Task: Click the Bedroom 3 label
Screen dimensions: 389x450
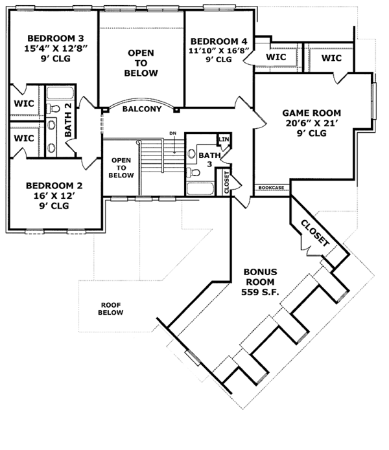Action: click(x=56, y=38)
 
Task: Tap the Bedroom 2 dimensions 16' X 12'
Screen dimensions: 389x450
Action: click(x=54, y=196)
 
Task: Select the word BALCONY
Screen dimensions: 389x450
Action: click(x=142, y=109)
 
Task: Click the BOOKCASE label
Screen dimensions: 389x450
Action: click(x=271, y=188)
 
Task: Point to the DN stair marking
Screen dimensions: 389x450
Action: click(x=172, y=133)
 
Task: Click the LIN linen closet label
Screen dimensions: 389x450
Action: click(x=224, y=139)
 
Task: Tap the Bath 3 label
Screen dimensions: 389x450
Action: click(x=209, y=159)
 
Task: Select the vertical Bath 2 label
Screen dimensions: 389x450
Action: click(x=68, y=120)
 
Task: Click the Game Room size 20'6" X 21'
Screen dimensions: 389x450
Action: click(x=311, y=123)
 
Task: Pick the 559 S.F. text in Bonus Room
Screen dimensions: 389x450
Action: click(x=260, y=292)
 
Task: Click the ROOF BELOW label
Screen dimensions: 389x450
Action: click(x=111, y=309)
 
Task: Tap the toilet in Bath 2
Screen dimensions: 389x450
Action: click(x=53, y=109)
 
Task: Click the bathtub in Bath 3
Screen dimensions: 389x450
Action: click(x=200, y=188)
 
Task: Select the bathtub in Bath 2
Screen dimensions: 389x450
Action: click(x=60, y=93)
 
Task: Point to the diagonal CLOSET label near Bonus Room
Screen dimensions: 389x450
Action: click(x=315, y=233)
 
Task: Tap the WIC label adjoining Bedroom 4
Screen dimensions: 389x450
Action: click(x=276, y=57)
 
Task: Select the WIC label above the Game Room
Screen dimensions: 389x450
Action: click(x=331, y=58)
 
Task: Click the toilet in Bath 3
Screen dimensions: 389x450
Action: click(x=193, y=172)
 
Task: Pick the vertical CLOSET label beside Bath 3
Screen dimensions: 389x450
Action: click(x=227, y=182)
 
